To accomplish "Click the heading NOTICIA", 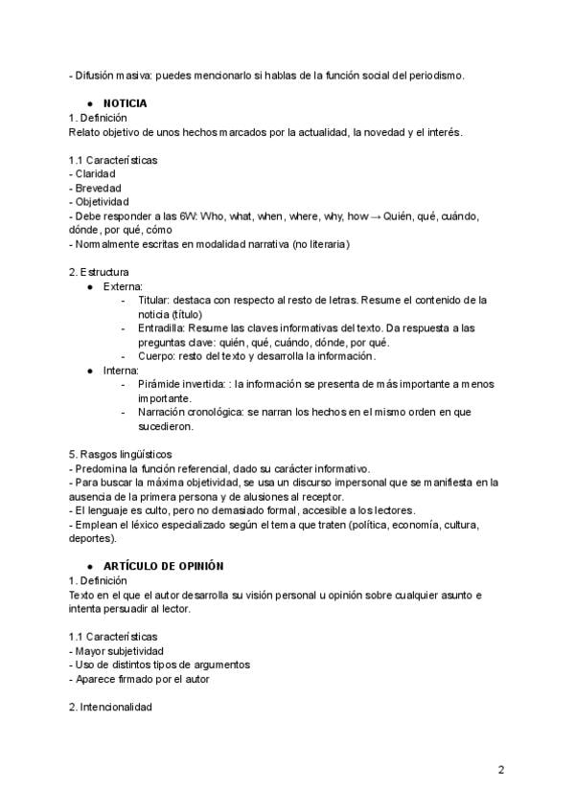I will (x=125, y=102).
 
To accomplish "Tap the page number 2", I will (x=501, y=770).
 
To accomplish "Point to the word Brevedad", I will (x=98, y=189).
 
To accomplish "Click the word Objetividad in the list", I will (x=102, y=202).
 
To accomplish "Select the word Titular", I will (x=156, y=300).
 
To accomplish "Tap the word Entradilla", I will (x=163, y=327).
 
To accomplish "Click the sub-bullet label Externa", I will (x=123, y=285).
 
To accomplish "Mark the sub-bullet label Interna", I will (x=121, y=370).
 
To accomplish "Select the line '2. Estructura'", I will (x=99, y=272).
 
